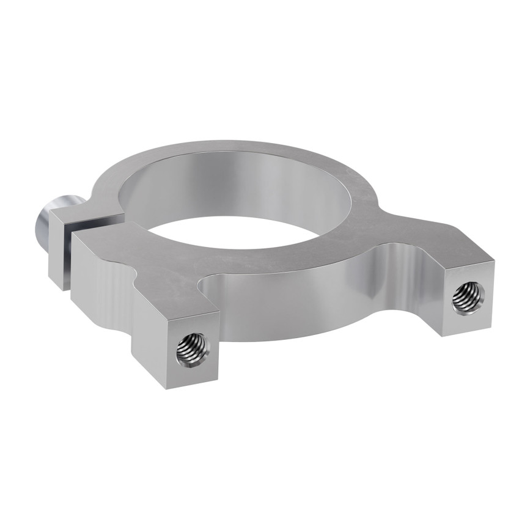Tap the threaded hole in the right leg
(468, 298)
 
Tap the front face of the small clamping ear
(60, 251)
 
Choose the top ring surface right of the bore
(367, 202)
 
